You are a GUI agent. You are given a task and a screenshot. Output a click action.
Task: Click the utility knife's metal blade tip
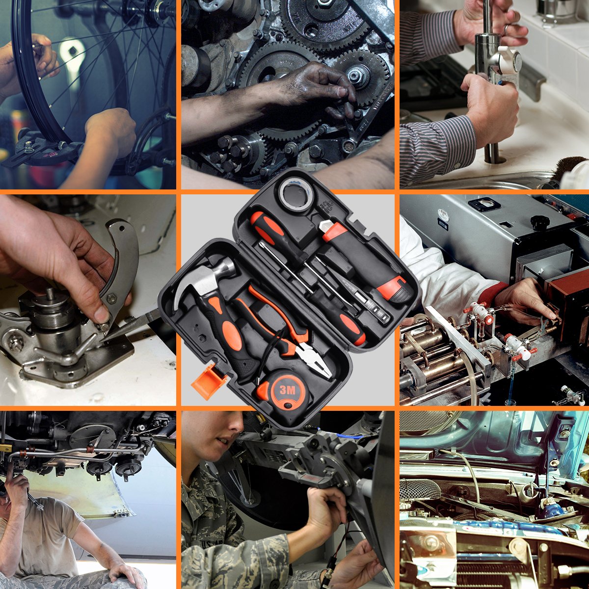point(325,225)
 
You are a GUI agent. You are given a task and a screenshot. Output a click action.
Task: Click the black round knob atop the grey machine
point(540,222)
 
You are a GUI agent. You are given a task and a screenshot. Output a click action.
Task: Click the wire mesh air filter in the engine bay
point(420,488)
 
